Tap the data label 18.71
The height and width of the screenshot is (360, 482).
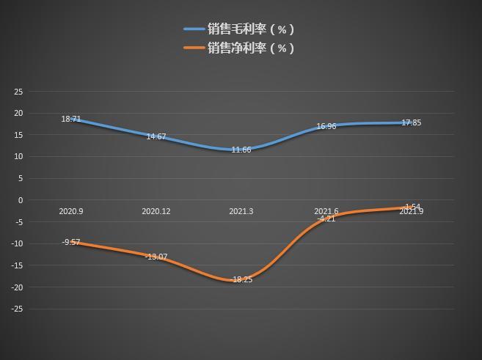[71, 119]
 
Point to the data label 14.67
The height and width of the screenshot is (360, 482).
[156, 137]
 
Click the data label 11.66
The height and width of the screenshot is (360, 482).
[241, 150]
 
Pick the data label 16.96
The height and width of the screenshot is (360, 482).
[326, 127]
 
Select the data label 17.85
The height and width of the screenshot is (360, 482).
[412, 123]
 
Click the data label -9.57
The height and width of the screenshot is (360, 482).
[71, 242]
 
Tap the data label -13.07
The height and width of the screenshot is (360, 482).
[156, 257]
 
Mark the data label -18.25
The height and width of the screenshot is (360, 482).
[241, 279]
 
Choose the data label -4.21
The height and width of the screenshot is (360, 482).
[326, 218]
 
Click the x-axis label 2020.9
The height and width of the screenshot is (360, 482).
[71, 211]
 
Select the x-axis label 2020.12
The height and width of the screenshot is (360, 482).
[156, 211]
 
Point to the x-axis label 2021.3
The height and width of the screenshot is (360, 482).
[241, 211]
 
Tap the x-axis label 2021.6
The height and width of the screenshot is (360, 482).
[326, 211]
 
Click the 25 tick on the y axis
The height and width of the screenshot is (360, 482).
[19, 92]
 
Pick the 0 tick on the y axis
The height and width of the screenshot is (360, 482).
[21, 200]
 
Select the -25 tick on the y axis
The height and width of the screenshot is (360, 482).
[18, 309]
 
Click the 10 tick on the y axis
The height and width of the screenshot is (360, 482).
[19, 157]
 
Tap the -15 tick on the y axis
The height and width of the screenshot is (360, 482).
[18, 265]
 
